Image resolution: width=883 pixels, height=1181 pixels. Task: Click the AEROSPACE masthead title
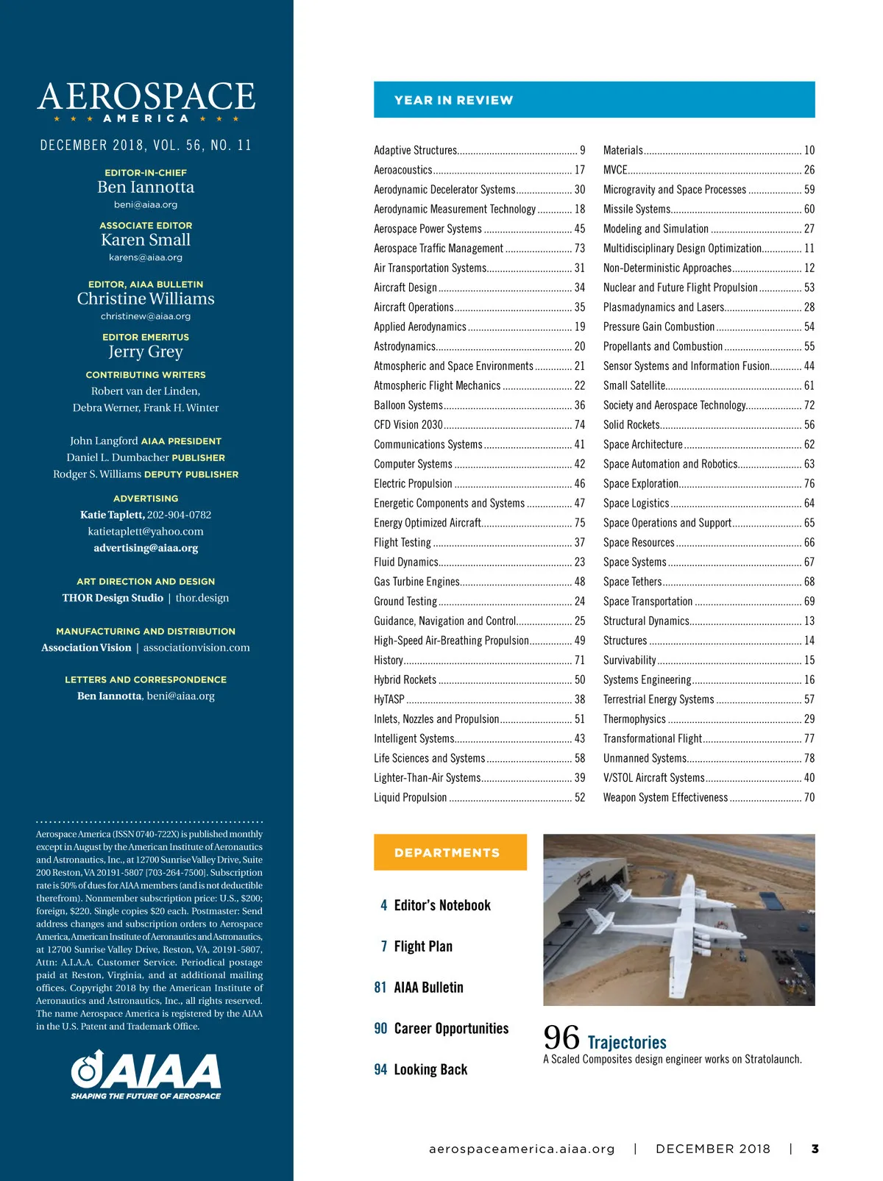pos(146,96)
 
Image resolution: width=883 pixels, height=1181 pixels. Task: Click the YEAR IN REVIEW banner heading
pos(453,100)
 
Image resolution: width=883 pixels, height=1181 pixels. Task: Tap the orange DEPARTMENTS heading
pos(447,852)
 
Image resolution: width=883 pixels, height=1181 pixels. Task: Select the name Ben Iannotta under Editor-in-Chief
pos(146,188)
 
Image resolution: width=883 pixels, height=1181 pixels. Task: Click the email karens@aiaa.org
pos(146,257)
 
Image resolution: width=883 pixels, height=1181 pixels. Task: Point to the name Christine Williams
pos(146,299)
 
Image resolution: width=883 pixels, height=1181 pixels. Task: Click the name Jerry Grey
pos(146,352)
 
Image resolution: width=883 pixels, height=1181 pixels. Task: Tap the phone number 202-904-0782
pos(179,515)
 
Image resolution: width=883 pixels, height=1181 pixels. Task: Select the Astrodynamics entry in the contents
pos(405,346)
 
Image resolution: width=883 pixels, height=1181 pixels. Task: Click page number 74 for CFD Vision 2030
pos(580,425)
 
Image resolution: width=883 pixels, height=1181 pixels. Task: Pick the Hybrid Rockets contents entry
pos(405,680)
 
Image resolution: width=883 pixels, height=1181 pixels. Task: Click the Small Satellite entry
pos(634,385)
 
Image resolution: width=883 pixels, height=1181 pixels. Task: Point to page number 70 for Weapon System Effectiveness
pos(809,798)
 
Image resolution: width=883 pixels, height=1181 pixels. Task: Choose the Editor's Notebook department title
pos(442,905)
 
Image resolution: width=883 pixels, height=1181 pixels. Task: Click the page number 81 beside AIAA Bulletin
pos(380,988)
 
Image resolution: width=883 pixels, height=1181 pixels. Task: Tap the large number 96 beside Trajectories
pos(561,1038)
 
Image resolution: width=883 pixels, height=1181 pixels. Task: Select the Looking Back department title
pos(430,1070)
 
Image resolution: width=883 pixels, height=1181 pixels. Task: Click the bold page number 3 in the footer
pos(815,1149)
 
